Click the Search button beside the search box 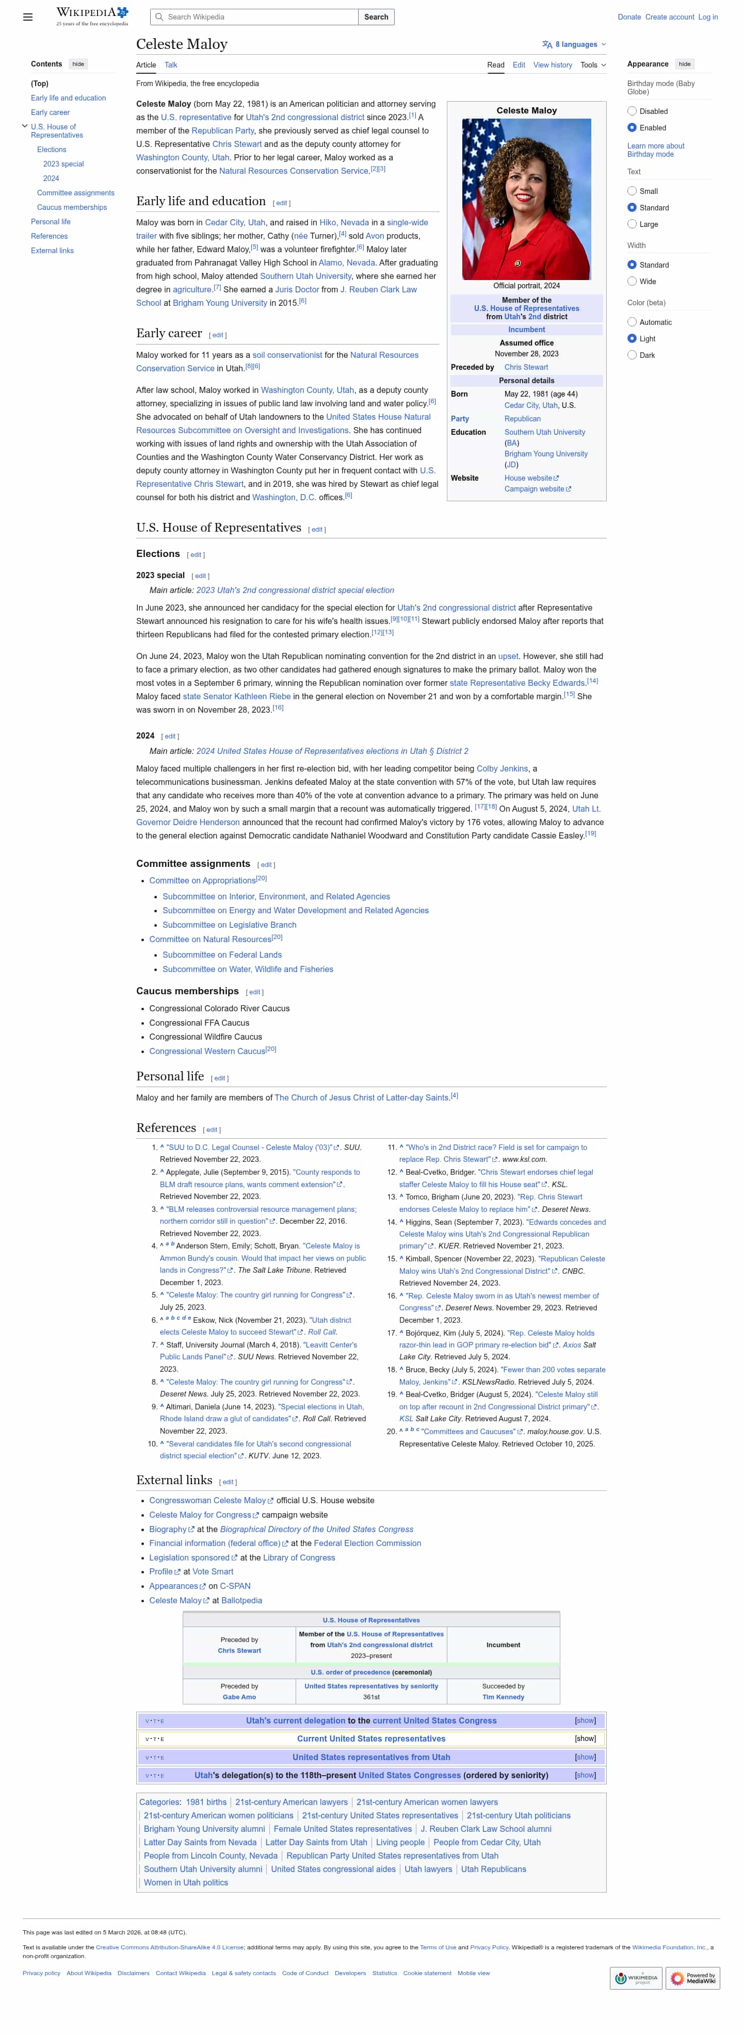[376, 17]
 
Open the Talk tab [171, 65]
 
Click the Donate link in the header [628, 17]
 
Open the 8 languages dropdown [575, 44]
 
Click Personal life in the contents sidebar [51, 222]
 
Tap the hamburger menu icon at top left [28, 17]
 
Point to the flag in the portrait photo [481, 158]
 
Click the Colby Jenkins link [502, 768]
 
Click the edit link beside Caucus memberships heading [254, 992]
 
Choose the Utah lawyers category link [428, 1869]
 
